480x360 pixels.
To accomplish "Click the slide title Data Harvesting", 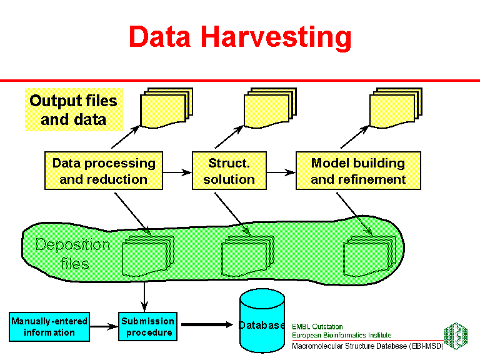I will pos(240,37).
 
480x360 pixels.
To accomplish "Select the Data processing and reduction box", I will pos(104,171).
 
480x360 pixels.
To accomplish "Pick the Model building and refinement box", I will pos(358,171).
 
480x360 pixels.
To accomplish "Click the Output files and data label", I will pos(73,110).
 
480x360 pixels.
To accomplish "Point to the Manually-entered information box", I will pos(49,327).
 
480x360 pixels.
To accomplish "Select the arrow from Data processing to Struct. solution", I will pos(177,171).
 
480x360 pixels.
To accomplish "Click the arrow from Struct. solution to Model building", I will pos(281,171).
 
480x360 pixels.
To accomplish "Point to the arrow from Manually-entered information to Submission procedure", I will pos(104,326).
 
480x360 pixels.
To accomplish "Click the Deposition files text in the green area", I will pos(73,254).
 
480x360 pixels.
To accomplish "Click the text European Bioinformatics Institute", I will pos(341,336).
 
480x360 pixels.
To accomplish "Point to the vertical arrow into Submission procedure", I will pos(144,295).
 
